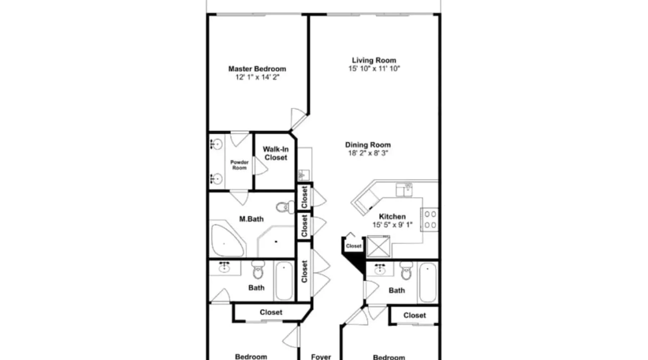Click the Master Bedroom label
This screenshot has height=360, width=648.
click(257, 69)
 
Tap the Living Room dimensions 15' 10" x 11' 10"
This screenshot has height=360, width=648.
click(374, 68)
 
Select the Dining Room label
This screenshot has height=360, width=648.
click(368, 145)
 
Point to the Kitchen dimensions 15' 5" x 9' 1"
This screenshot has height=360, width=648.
click(392, 225)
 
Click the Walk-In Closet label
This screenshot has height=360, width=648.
click(276, 153)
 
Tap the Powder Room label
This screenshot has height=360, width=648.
click(239, 165)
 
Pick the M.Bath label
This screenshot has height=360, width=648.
click(251, 219)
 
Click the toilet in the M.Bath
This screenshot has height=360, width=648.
click(285, 207)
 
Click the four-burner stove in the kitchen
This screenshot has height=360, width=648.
click(430, 220)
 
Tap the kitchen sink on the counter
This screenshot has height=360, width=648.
click(404, 190)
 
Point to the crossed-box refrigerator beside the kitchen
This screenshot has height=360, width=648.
click(378, 246)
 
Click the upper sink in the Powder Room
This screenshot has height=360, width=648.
click(216, 144)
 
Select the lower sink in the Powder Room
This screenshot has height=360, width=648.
click(216, 178)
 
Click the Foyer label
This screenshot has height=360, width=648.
click(321, 357)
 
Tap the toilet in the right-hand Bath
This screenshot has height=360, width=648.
click(406, 271)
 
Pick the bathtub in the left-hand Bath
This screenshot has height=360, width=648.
click(284, 281)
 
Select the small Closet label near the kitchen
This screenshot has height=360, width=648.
click(354, 246)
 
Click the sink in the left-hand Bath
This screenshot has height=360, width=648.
click(224, 267)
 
